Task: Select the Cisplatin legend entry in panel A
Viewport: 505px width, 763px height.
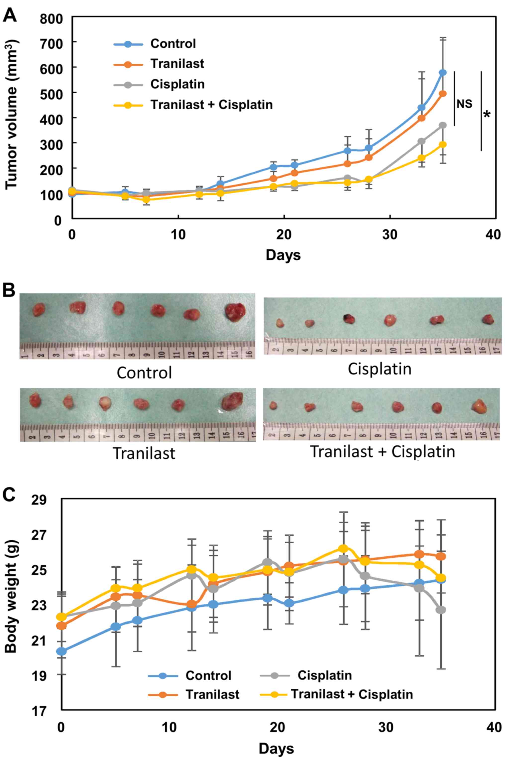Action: pos(177,84)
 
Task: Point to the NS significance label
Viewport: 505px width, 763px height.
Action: pos(464,104)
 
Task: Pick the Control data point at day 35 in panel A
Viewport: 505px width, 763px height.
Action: pos(443,72)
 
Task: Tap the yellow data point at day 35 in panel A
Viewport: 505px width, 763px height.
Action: pos(443,145)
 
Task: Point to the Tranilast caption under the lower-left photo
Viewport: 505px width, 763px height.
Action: pos(144,453)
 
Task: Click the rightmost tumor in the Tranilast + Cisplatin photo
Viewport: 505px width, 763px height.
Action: pos(479,406)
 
